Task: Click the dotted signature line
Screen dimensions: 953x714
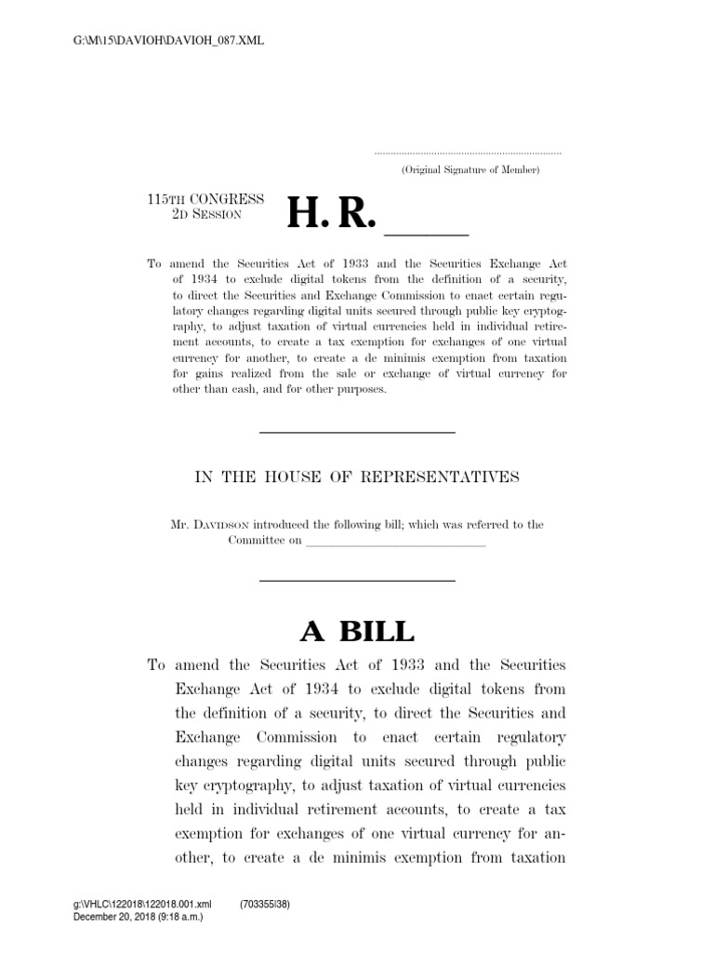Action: click(468, 153)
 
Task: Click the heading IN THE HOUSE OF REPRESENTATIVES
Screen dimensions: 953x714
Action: click(356, 477)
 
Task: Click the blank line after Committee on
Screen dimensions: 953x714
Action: click(396, 542)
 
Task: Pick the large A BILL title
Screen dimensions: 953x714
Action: click(357, 632)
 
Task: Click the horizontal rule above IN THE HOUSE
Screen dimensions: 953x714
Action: click(356, 433)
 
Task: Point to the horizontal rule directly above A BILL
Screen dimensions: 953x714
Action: click(356, 582)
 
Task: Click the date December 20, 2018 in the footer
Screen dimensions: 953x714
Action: click(113, 917)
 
